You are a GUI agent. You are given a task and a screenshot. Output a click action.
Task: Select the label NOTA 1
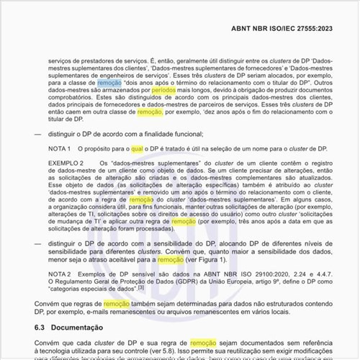59,148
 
